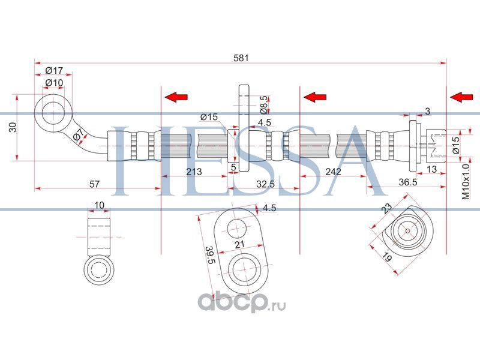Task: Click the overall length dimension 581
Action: (x=241, y=58)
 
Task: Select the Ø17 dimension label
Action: (x=54, y=71)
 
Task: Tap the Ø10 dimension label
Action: (x=54, y=83)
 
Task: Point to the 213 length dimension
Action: (x=194, y=172)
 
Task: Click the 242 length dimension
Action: (x=333, y=172)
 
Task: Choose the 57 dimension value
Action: (x=94, y=184)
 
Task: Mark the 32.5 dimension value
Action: (x=265, y=184)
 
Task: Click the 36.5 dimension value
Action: (x=408, y=182)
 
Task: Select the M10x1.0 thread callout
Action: (x=466, y=182)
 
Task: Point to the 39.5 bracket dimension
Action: (x=211, y=254)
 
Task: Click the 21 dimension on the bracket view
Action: (x=239, y=244)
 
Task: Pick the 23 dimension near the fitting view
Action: (x=387, y=208)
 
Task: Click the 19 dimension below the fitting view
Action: (x=387, y=257)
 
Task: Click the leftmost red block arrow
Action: (x=176, y=97)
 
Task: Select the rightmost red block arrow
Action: (x=461, y=97)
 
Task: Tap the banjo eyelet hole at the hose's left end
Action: (x=53, y=112)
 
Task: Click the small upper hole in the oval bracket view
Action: (x=237, y=229)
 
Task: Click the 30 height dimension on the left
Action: (x=13, y=127)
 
